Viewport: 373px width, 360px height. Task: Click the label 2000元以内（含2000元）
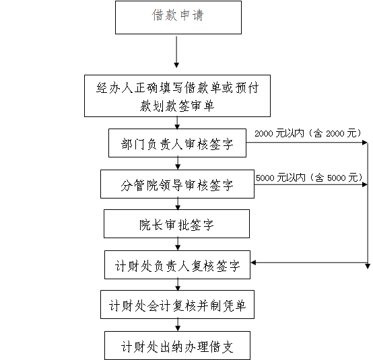pyautogui.click(x=308, y=133)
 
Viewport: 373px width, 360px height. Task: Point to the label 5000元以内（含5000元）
pyautogui.click(x=309, y=178)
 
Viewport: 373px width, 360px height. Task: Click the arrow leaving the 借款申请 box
pyautogui.click(x=176, y=52)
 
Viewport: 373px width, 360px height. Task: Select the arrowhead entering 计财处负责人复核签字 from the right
pyautogui.click(x=253, y=262)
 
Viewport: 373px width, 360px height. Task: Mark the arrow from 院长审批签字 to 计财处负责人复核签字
pyautogui.click(x=178, y=244)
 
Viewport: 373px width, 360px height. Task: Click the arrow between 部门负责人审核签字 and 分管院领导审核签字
pyautogui.click(x=178, y=164)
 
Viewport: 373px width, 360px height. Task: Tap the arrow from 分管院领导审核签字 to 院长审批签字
pyautogui.click(x=178, y=204)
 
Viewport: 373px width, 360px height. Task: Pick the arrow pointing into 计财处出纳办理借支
pyautogui.click(x=178, y=325)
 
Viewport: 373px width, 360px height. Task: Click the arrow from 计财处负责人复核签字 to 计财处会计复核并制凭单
pyautogui.click(x=178, y=285)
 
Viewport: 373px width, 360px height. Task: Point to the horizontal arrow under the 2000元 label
pyautogui.click(x=307, y=143)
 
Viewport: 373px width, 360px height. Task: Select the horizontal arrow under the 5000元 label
pyautogui.click(x=311, y=184)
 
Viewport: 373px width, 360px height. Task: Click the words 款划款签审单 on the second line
pyautogui.click(x=177, y=106)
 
